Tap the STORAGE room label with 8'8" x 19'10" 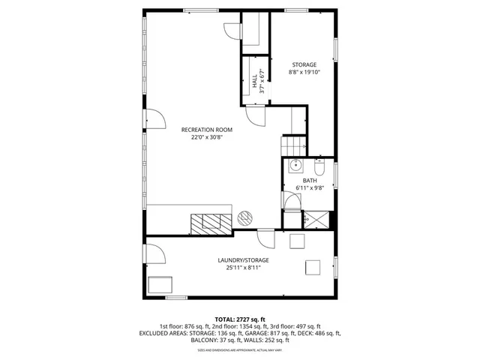click(x=303, y=65)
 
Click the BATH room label click(x=310, y=181)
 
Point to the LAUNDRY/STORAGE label click(x=243, y=260)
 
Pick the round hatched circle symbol click(x=244, y=218)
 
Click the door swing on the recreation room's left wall click(x=154, y=119)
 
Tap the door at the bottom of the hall click(x=257, y=118)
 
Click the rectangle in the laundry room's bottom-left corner click(x=160, y=285)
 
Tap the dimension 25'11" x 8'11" click(x=243, y=268)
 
